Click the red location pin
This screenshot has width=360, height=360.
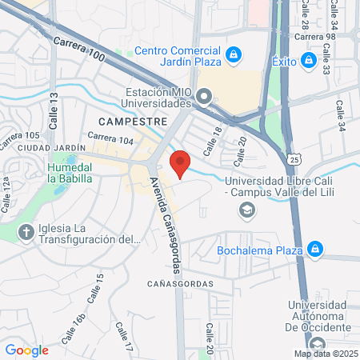point(180,164)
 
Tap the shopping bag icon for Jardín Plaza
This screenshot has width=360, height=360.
point(234,55)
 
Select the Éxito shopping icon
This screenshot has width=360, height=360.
point(308,60)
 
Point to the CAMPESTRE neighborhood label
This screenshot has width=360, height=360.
point(133,122)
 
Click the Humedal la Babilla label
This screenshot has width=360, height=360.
point(70,173)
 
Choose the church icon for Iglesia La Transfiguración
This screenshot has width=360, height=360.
point(26,233)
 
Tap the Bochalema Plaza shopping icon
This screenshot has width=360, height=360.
point(316,249)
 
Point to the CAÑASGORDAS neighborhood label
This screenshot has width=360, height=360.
point(180,284)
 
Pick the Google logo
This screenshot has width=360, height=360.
point(26,350)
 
